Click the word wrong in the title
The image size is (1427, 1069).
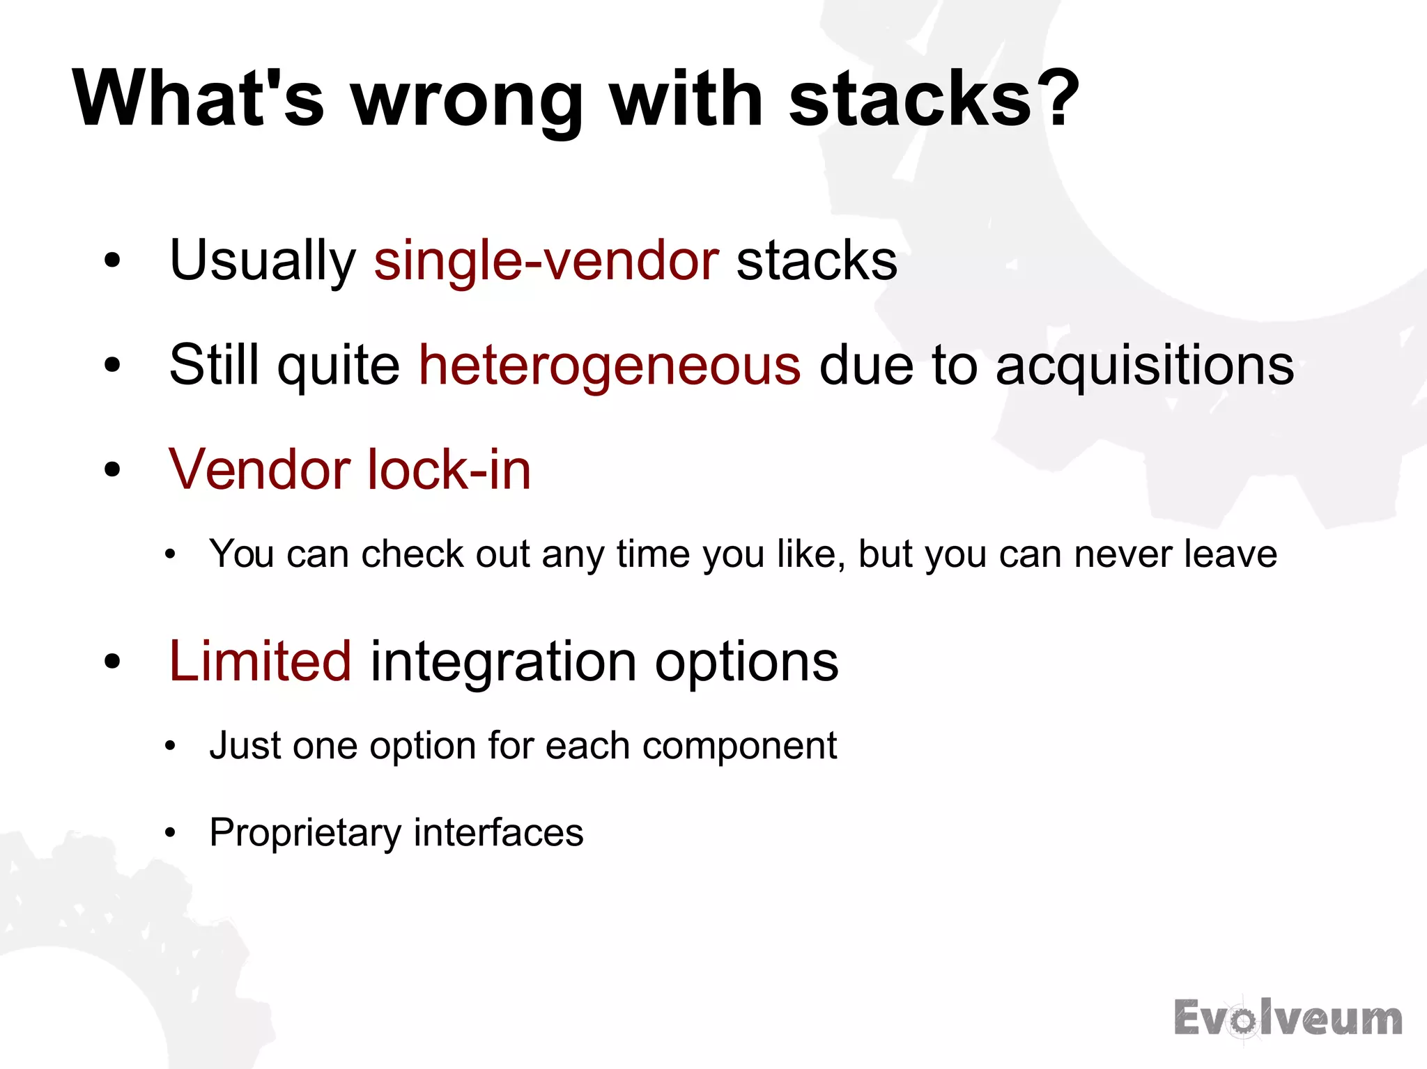pyautogui.click(x=467, y=101)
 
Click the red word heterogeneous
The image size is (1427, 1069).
pyautogui.click(x=610, y=366)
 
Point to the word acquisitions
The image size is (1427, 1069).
pyautogui.click(x=1144, y=366)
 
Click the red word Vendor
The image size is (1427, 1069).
pyautogui.click(x=258, y=470)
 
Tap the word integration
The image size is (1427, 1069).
pyautogui.click(x=503, y=662)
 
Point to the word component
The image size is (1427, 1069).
pyautogui.click(x=739, y=747)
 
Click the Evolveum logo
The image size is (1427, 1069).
pyautogui.click(x=1288, y=1019)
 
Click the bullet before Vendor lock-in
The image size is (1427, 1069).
pyautogui.click(x=112, y=470)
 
